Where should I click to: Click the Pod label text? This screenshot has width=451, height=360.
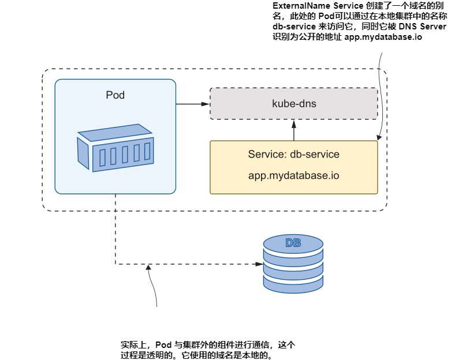click(x=115, y=95)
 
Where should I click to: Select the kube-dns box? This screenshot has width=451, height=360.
click(x=294, y=104)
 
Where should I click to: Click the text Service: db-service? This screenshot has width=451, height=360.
click(x=294, y=155)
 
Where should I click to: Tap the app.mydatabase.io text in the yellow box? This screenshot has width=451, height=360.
click(x=294, y=175)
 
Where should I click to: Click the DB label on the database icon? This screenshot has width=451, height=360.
click(x=293, y=243)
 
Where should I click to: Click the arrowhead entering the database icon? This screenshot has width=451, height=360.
click(x=259, y=264)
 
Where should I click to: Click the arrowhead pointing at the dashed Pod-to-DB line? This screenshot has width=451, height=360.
click(x=148, y=267)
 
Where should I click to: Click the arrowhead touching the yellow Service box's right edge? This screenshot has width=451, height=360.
click(x=378, y=139)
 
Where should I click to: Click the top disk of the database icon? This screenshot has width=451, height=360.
click(x=293, y=245)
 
